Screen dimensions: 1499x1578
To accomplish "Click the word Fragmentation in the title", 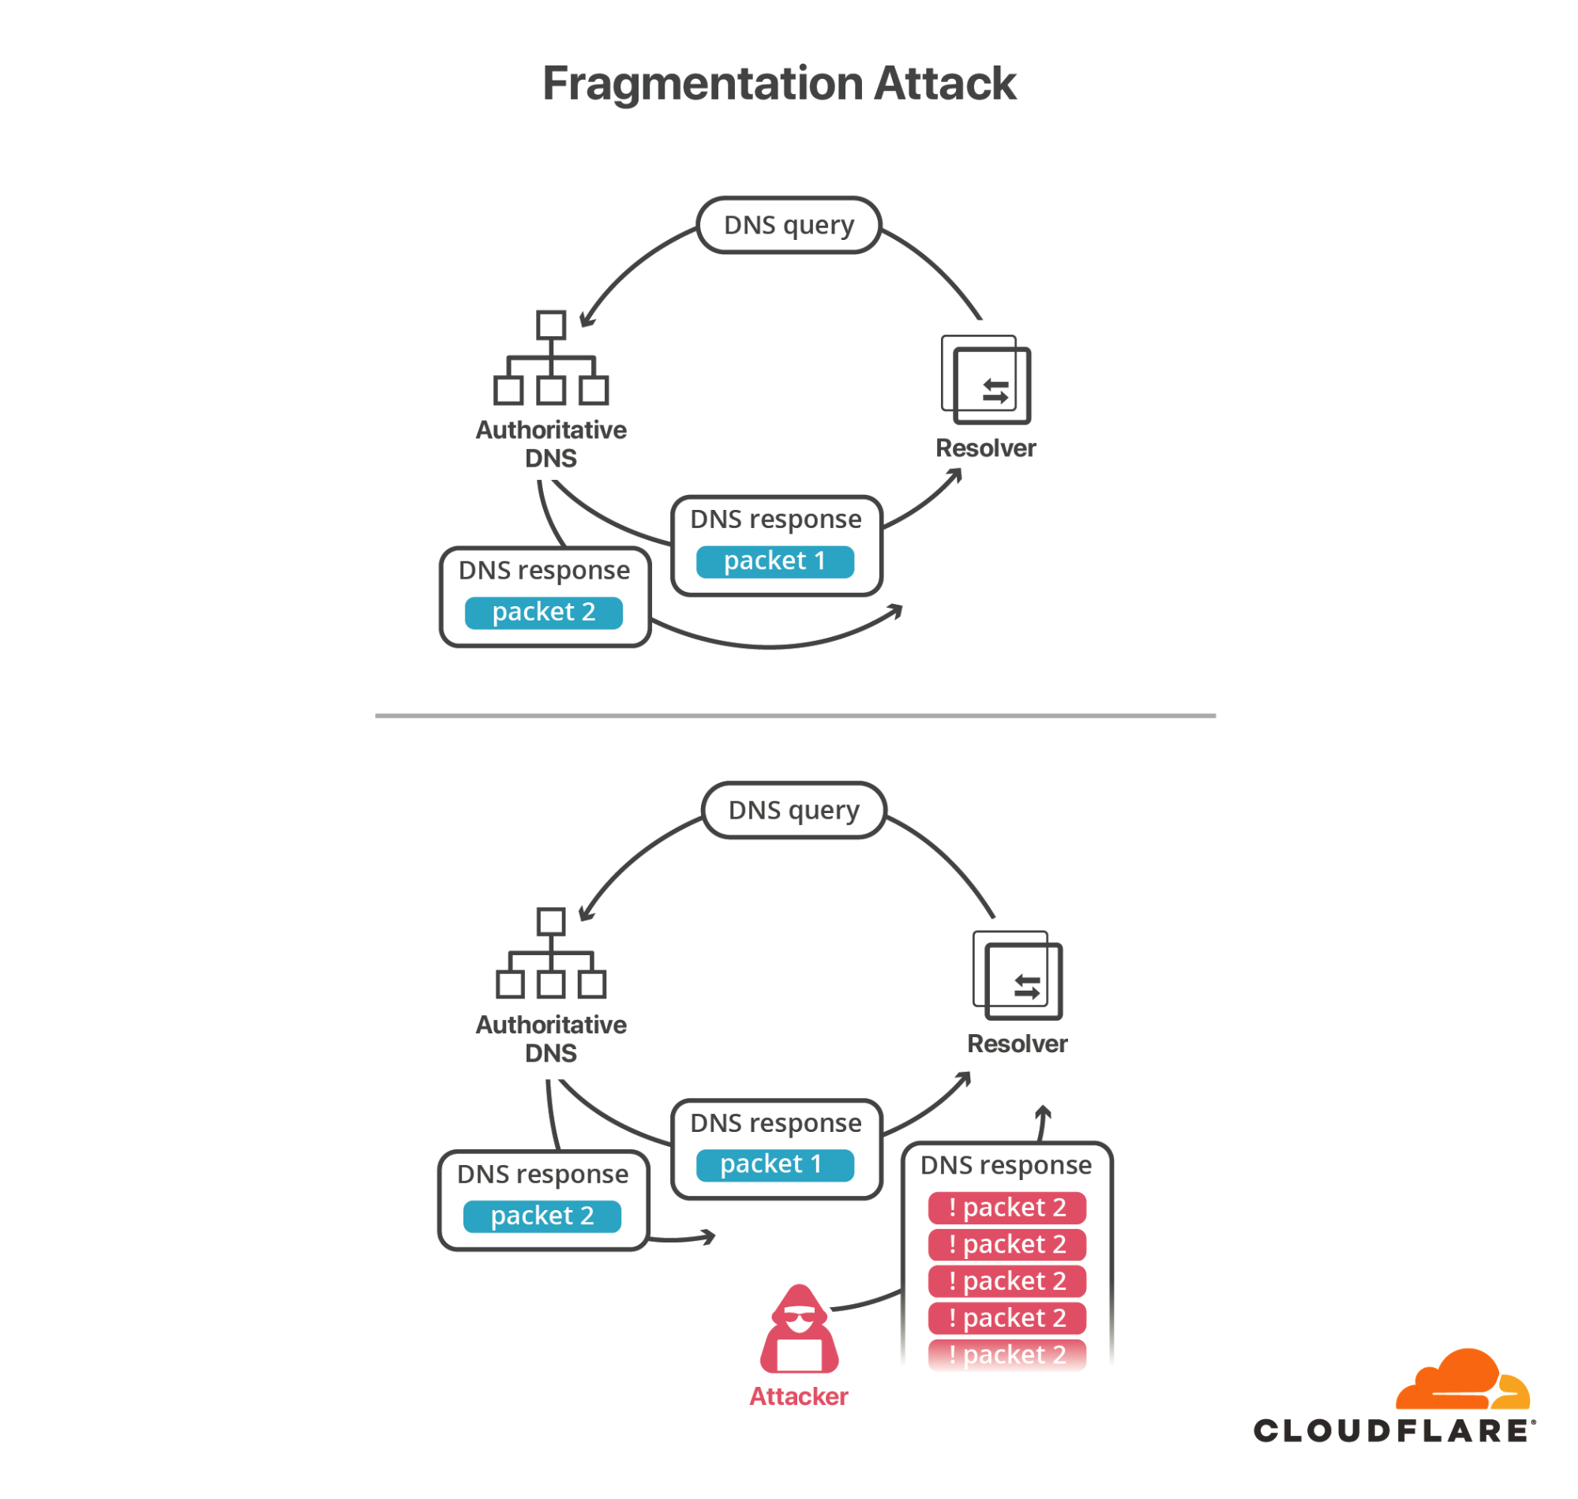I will click(703, 84).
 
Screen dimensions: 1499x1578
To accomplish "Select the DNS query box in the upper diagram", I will click(789, 225).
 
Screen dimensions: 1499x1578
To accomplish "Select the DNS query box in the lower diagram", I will click(793, 810).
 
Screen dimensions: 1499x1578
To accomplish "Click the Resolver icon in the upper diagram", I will click(985, 380).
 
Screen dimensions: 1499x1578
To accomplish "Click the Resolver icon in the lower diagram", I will click(1017, 976).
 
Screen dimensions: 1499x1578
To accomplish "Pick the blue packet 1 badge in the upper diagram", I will click(774, 561).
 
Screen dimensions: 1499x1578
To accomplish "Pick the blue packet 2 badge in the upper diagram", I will click(543, 612).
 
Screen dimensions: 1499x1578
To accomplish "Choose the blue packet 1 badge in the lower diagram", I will click(774, 1164).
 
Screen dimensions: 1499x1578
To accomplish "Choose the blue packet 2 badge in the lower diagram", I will click(542, 1216).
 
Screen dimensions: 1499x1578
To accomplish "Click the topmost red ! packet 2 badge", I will click(1006, 1208).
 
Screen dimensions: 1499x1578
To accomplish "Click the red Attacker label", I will click(798, 1396).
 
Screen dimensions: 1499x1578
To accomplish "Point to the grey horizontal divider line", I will click(795, 715).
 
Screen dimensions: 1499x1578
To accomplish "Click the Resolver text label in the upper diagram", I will click(985, 448).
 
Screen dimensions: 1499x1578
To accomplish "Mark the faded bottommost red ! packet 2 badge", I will click(1006, 1355).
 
